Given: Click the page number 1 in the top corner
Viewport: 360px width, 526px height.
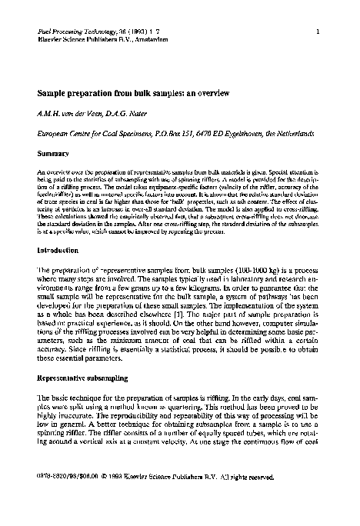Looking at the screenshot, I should click(x=317, y=31).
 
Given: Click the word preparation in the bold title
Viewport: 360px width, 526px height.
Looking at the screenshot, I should click(x=95, y=92).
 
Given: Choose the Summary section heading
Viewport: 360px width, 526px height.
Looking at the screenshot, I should click(x=53, y=155).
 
